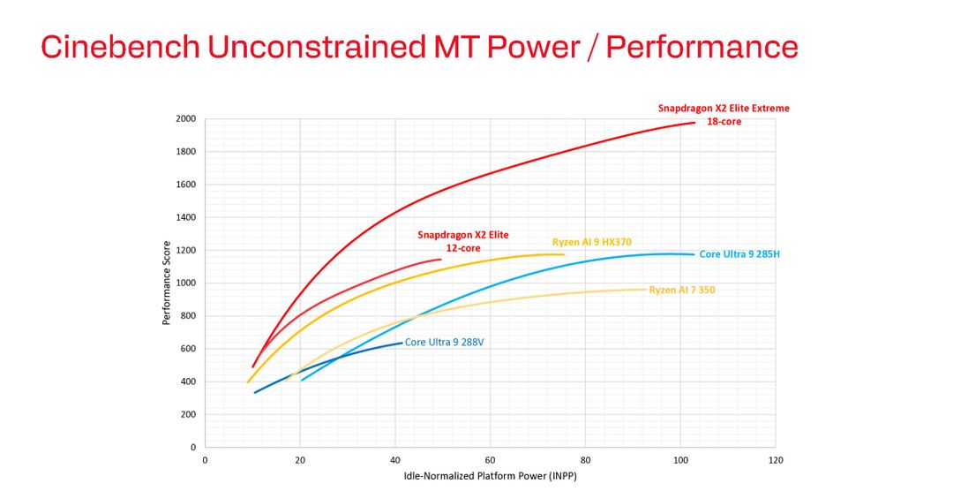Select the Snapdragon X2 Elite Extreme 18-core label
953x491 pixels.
724,115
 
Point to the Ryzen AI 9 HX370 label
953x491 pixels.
592,242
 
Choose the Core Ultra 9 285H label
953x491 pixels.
739,254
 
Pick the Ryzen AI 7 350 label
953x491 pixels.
682,290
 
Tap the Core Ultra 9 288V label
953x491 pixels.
444,342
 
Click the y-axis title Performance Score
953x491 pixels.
166,283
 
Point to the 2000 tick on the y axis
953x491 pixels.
185,118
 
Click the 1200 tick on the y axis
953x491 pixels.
185,250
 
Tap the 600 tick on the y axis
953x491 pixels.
187,349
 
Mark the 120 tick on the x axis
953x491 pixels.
776,460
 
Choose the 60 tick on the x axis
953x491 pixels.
490,460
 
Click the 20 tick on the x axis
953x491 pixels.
300,460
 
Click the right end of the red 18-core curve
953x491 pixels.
695,123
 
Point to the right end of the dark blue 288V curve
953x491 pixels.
401,343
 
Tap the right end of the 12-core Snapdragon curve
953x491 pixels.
440,260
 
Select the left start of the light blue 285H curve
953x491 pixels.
302,381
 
